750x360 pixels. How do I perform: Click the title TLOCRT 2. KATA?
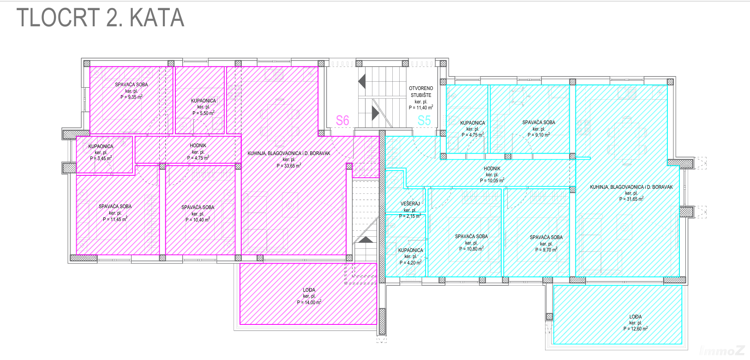tap(101, 18)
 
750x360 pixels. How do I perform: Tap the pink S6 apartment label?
tap(342, 120)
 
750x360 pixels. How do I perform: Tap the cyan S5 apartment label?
tap(424, 120)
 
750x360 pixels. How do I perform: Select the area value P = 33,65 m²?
tap(289, 165)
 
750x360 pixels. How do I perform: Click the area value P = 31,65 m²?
tap(631, 198)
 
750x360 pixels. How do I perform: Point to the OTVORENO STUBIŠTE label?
tap(421, 92)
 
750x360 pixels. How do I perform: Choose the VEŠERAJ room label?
tap(410, 204)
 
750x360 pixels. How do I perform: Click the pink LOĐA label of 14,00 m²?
tap(309, 290)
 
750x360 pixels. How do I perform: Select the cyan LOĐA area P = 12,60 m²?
tap(635, 329)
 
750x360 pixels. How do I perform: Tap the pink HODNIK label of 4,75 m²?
tap(198, 146)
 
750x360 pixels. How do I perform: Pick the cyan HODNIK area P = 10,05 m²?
tap(492, 180)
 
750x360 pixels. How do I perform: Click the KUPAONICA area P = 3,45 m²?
tap(101, 158)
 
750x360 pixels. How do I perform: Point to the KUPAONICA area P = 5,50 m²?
tap(203, 113)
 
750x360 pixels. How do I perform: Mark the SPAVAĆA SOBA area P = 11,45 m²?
tap(115, 219)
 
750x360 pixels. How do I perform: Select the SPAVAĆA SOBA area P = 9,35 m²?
tap(131, 97)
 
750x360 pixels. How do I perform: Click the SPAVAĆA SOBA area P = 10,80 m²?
tap(471, 249)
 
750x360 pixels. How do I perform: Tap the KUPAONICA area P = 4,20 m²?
tap(410, 263)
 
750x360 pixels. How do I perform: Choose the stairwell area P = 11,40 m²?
tap(421, 108)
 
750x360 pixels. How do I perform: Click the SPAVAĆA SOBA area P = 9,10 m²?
tap(539, 135)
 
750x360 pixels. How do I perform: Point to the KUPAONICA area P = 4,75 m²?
tap(473, 135)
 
